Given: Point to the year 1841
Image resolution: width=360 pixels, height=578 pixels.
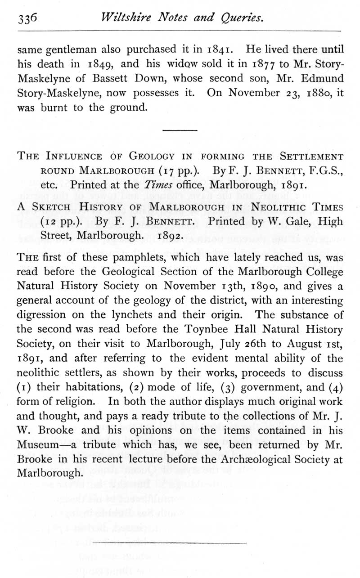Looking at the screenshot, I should (219, 49).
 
